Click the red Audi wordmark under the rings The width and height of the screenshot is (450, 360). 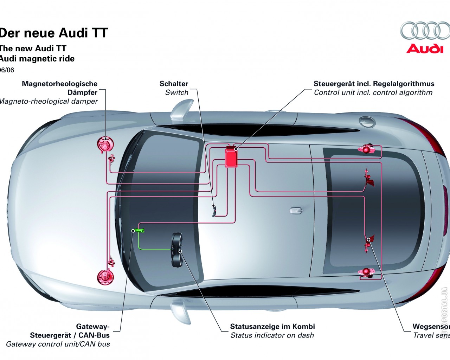coord(425,49)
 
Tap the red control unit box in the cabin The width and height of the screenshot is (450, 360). coord(231,157)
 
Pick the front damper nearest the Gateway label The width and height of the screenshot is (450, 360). coord(105,276)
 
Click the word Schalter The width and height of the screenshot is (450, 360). coord(174,84)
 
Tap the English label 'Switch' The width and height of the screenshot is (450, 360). coord(176,92)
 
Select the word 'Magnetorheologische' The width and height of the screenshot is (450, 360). coord(59,84)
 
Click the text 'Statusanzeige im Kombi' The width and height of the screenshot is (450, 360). coord(272,326)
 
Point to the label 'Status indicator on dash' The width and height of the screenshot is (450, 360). coord(272,335)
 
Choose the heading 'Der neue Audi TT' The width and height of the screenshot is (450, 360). coord(53,33)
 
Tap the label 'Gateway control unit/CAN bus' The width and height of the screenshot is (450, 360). coord(58,344)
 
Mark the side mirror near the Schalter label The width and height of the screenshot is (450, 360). coord(182,109)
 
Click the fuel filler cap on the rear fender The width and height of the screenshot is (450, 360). coord(367,121)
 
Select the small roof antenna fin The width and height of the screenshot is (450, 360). coord(296,211)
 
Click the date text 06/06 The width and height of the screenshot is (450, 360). coord(7,70)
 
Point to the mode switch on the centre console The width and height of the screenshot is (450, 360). coord(213,210)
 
